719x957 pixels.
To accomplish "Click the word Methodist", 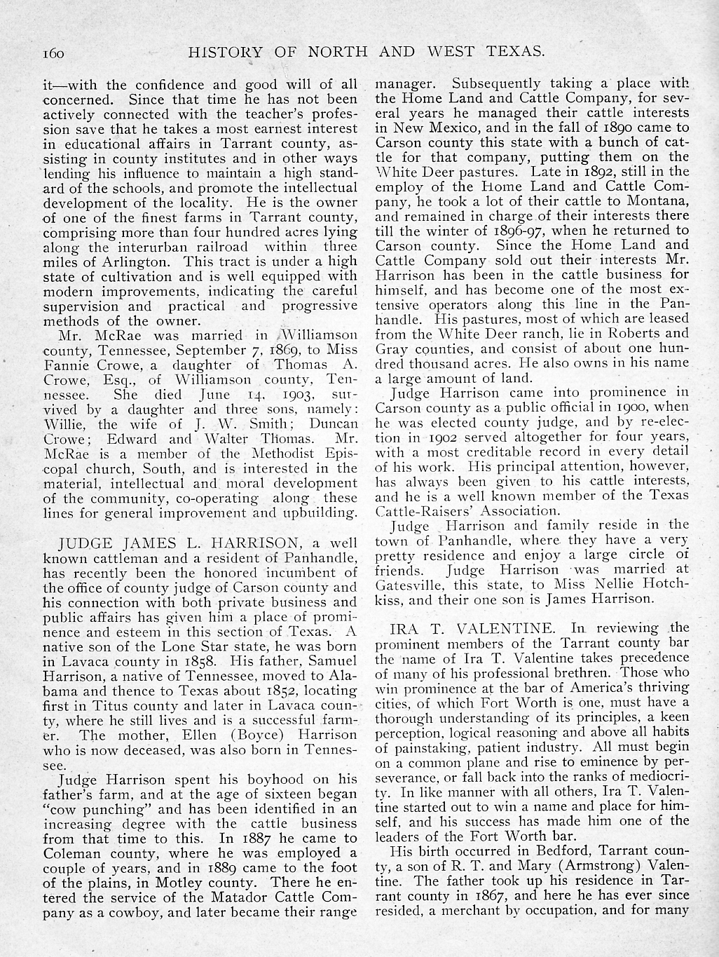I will tap(262, 453).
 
